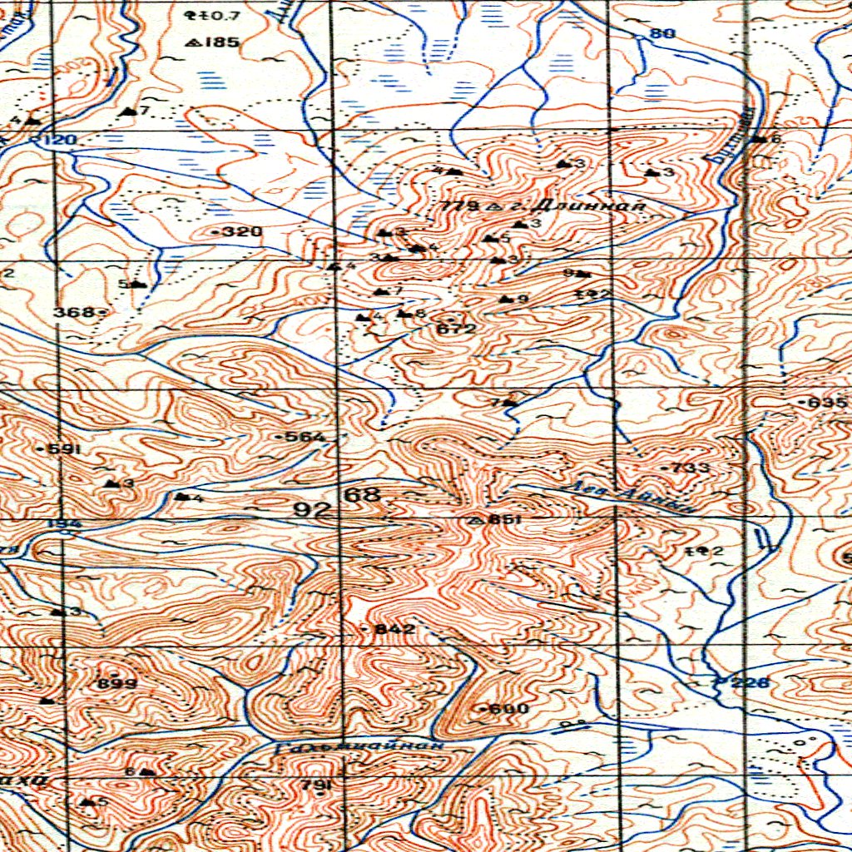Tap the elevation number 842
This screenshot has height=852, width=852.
(x=394, y=630)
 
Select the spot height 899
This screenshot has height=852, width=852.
(x=117, y=683)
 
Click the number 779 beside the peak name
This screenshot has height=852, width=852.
(x=462, y=206)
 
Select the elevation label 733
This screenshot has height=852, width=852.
(x=691, y=468)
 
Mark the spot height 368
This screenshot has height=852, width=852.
(x=75, y=312)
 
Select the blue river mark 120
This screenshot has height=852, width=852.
(x=59, y=140)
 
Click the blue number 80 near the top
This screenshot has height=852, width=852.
(x=662, y=33)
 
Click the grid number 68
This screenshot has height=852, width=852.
(x=363, y=496)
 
